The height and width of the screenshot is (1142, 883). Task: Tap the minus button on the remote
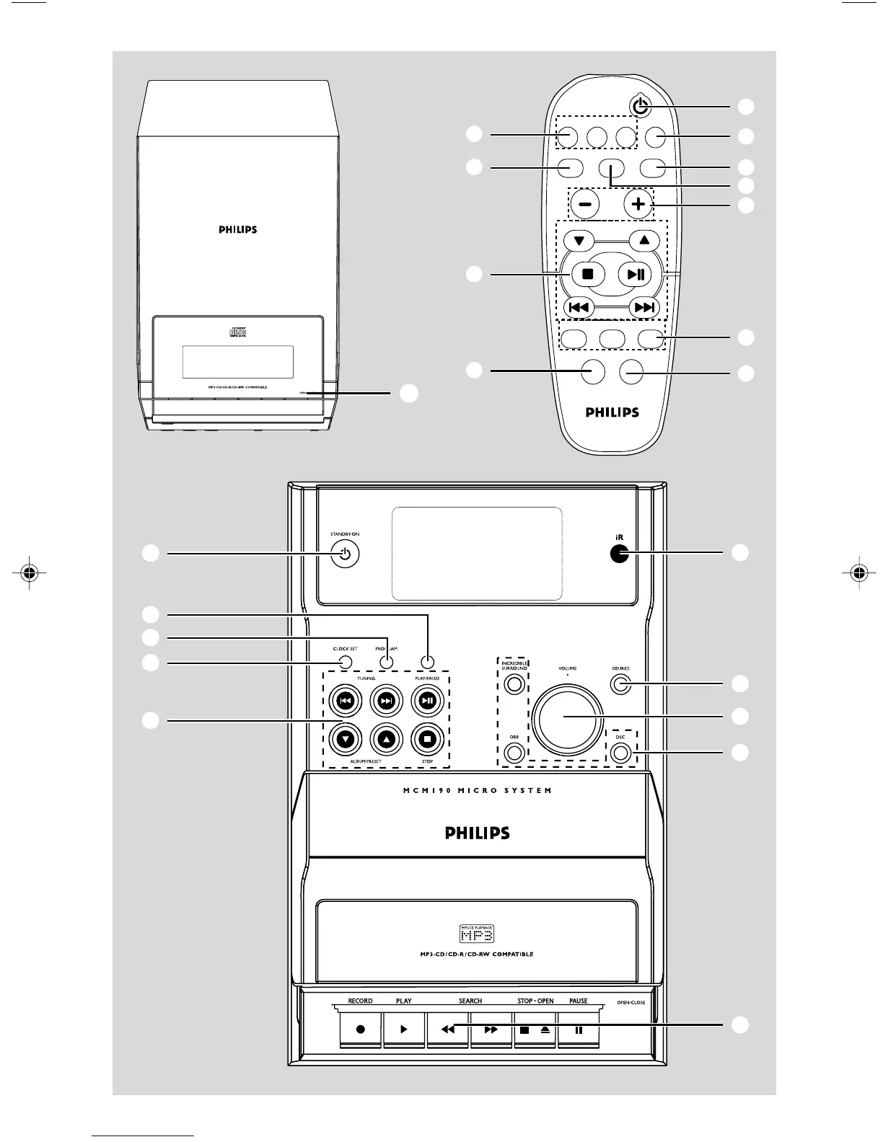point(584,205)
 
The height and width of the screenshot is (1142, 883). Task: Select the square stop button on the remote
point(587,274)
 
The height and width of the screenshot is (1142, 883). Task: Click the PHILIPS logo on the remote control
point(612,412)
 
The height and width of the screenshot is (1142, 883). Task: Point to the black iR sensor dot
point(618,554)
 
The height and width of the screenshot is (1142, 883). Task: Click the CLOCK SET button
point(346,663)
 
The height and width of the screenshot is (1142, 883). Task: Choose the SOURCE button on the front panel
point(620,684)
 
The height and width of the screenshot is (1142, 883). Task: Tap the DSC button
point(620,753)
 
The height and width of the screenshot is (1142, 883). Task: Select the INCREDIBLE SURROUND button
point(514,684)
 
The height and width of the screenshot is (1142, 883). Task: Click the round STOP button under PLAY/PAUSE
point(428,738)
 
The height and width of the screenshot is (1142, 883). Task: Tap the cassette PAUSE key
point(578,1030)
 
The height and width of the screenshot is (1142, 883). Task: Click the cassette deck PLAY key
point(403,1030)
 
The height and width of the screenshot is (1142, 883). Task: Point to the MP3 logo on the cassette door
point(477,934)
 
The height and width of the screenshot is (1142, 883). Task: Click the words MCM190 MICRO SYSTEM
point(477,791)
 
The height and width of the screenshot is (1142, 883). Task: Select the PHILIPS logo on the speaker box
point(238,230)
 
